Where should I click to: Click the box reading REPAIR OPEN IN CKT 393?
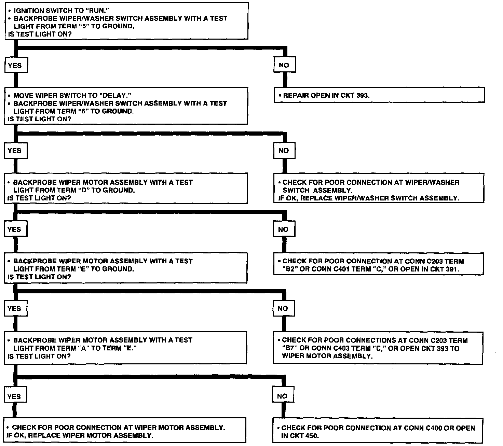(x=379, y=95)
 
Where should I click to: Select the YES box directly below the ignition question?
(x=15, y=66)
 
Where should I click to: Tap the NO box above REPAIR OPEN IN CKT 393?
(x=284, y=65)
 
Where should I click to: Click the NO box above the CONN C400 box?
(x=282, y=396)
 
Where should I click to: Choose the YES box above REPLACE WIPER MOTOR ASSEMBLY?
(x=14, y=396)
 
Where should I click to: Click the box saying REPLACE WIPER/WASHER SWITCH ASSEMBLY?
(x=379, y=190)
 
